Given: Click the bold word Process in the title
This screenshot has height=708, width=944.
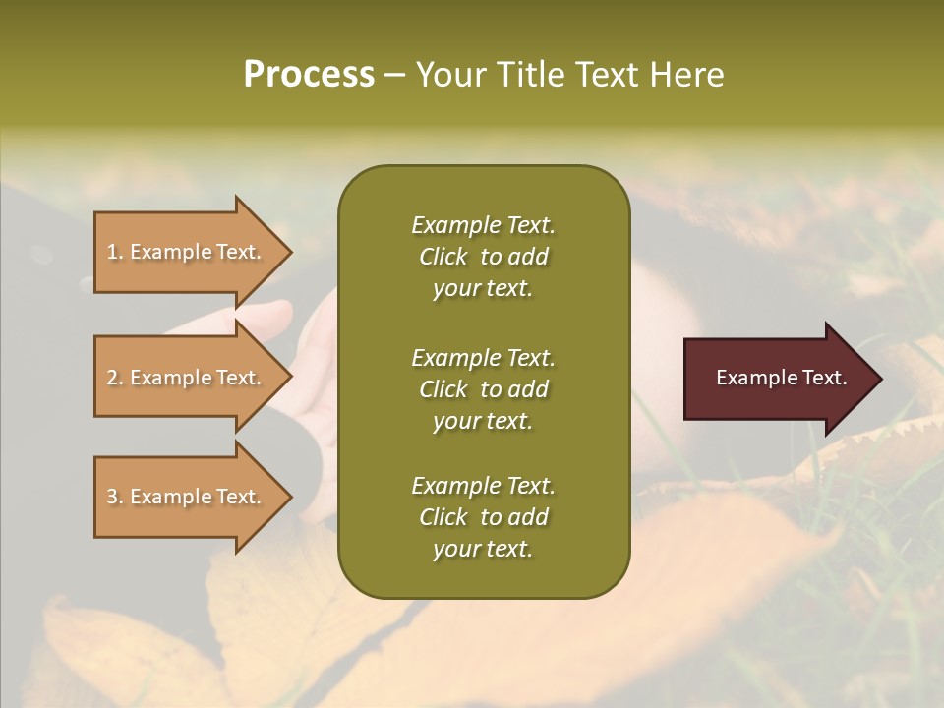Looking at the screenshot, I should pyautogui.click(x=309, y=75).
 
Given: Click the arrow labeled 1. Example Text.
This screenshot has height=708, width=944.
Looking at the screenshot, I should pyautogui.click(x=187, y=252).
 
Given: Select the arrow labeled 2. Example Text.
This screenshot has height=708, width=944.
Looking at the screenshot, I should pyautogui.click(x=187, y=378).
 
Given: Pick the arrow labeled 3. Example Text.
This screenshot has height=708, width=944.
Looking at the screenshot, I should pyautogui.click(x=187, y=497).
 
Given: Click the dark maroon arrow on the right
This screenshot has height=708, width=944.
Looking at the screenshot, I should pyautogui.click(x=777, y=378).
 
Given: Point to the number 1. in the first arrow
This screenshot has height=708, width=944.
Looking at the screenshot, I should pyautogui.click(x=115, y=252).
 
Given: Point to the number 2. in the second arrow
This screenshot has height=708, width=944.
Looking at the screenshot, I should pyautogui.click(x=115, y=378).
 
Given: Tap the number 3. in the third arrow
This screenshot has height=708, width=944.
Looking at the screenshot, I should pyautogui.click(x=115, y=497).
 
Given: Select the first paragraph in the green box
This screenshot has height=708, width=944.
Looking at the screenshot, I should pyautogui.click(x=483, y=257).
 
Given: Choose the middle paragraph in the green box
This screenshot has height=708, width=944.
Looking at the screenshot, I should pyautogui.click(x=483, y=389).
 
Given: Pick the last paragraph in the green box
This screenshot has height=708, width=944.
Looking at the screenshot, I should pyautogui.click(x=483, y=517).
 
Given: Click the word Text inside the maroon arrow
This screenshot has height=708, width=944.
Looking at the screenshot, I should pyautogui.click(x=824, y=378).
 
